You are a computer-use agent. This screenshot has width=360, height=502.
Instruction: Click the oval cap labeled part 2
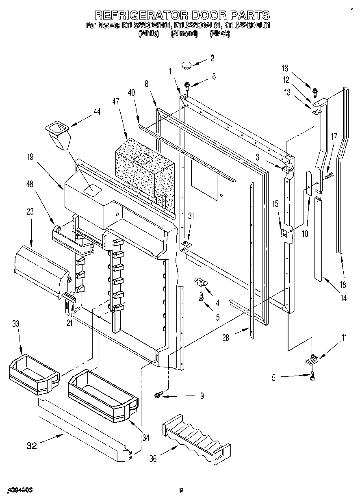click(x=187, y=63)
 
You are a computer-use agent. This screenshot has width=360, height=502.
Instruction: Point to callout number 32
click(x=32, y=445)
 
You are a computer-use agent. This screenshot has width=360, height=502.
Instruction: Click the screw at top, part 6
click(x=188, y=85)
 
